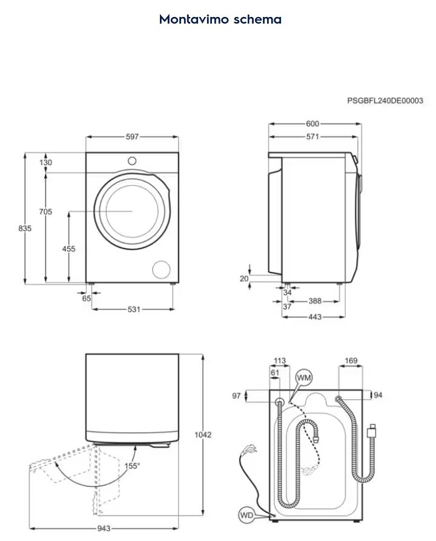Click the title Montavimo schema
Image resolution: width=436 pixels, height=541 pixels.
220,19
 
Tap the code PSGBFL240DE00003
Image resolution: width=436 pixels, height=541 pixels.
385,100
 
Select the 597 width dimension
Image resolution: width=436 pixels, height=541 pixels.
132,137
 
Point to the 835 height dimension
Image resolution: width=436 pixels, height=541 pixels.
25,228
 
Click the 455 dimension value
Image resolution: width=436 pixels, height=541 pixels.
68,249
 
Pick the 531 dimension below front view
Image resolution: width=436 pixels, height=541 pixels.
134,309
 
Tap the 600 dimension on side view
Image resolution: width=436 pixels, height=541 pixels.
312,123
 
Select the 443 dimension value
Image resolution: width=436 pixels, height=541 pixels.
315,316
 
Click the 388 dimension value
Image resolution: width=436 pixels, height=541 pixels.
315,301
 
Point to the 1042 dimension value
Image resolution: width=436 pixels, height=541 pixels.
203,434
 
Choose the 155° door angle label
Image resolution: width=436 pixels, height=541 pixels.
132,466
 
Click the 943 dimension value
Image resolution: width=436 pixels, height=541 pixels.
104,528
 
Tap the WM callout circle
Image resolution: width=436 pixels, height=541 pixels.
304,378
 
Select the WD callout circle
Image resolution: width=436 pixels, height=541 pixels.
246,516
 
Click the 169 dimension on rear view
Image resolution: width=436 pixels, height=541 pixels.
351,361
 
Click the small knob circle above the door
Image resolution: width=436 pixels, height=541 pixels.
132,161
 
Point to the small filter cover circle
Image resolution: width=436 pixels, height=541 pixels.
162,269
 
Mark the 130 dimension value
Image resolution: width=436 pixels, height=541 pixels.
45,162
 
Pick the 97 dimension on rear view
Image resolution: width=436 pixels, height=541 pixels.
236,396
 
